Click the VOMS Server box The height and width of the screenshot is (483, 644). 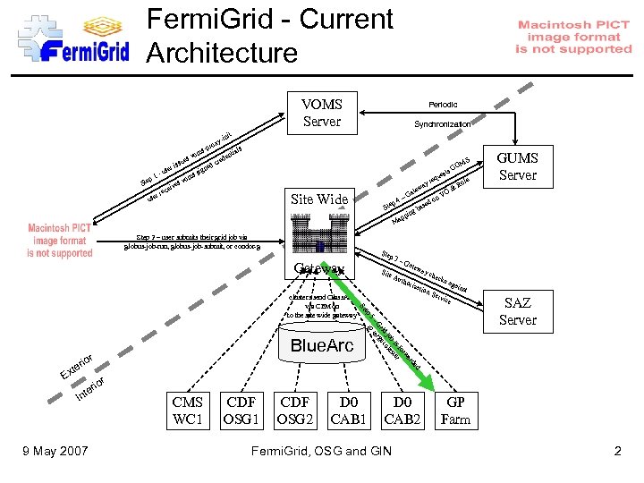pyautogui.click(x=322, y=113)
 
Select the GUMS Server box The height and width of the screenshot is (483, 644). pyautogui.click(x=517, y=166)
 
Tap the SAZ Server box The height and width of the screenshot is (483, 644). pyautogui.click(x=517, y=311)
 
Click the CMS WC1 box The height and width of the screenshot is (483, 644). pyautogui.click(x=188, y=411)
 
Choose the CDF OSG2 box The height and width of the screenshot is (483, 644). pyautogui.click(x=297, y=411)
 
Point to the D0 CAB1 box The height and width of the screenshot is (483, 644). pyautogui.click(x=351, y=411)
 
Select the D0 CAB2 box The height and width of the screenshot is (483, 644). pyautogui.click(x=403, y=411)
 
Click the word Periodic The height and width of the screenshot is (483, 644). pyautogui.click(x=443, y=105)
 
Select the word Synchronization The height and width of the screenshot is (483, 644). pyautogui.click(x=443, y=124)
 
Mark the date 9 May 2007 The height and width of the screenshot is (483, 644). pyautogui.click(x=55, y=451)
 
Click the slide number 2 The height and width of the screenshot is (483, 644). pyautogui.click(x=617, y=451)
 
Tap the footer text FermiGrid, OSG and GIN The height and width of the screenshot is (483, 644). pyautogui.click(x=322, y=451)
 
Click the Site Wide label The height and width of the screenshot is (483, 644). pyautogui.click(x=320, y=199)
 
